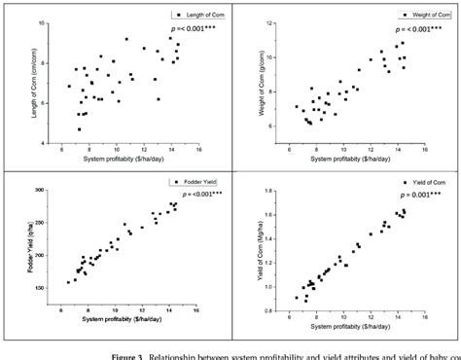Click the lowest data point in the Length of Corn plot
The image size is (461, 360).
(80, 128)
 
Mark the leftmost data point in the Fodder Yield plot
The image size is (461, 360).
(68, 282)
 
